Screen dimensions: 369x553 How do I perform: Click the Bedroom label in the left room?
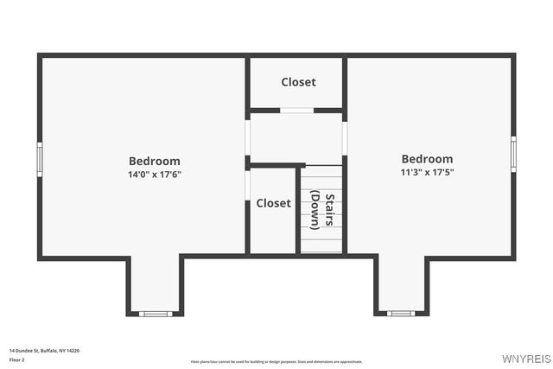154,161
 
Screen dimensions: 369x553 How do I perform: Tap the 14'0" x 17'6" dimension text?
154,175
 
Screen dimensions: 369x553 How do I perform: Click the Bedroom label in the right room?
427,159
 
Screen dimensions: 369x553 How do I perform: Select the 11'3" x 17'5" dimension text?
427,172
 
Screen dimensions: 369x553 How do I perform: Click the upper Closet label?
298,82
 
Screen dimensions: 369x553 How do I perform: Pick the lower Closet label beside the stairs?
273,203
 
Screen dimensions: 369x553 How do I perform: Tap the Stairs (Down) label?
322,209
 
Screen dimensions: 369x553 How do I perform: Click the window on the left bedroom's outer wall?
40,159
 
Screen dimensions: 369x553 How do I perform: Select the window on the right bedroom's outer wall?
513,153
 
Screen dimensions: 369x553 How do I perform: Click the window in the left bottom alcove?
156,313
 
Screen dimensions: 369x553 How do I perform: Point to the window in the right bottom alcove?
401,313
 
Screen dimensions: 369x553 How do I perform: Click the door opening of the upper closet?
296,110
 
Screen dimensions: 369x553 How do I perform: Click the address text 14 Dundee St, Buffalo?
44,350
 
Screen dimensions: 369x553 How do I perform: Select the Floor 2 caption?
17,359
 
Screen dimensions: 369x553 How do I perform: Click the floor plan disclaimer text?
276,362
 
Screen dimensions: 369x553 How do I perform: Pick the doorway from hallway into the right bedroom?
345,138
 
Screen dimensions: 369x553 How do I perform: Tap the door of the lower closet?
248,184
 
